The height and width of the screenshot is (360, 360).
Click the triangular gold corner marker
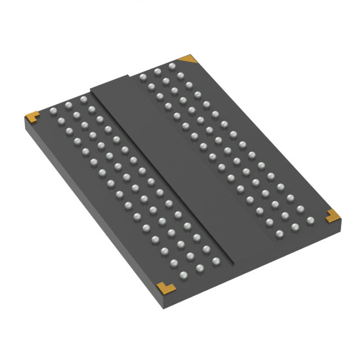187,58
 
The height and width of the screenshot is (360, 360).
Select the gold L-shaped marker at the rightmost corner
332,214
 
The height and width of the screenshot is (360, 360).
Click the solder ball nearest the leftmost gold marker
54,110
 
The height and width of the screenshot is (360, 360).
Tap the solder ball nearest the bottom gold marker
183,275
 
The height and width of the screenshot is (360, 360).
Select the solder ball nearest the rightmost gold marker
309,220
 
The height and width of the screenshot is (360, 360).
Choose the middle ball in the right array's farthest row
157,70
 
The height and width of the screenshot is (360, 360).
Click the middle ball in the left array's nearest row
199,268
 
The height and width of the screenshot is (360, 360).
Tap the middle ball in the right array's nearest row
294,227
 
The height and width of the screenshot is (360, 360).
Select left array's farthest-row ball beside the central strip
83,100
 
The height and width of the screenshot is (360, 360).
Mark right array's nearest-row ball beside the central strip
279,233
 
